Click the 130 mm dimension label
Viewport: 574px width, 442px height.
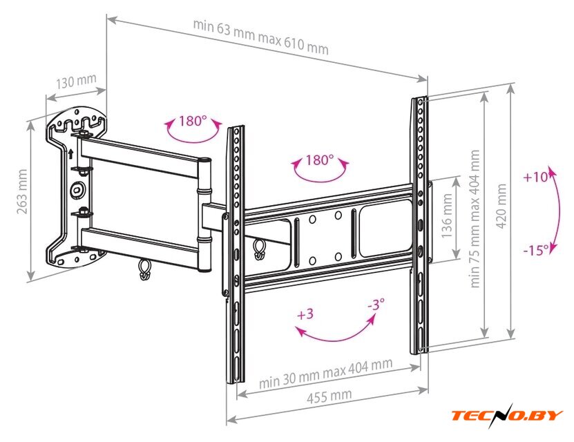point(76,81)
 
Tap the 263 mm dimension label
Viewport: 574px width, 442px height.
point(22,192)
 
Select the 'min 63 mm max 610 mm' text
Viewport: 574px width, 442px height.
point(260,37)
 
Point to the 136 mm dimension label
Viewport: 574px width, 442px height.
point(447,216)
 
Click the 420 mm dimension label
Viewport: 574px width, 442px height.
point(501,206)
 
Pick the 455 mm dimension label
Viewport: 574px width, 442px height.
point(329,396)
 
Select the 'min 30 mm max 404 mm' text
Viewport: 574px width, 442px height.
point(326,373)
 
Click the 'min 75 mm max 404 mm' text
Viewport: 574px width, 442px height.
point(475,219)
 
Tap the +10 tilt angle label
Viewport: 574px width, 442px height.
point(535,177)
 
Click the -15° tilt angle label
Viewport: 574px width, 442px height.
point(536,250)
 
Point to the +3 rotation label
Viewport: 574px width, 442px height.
point(305,314)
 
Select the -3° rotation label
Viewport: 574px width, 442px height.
point(376,304)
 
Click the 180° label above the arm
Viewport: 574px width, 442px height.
point(193,121)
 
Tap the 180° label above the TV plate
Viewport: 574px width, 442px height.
point(320,160)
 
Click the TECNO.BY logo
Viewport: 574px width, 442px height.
point(506,415)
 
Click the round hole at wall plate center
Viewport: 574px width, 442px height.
point(77,189)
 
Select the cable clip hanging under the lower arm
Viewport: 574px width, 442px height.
point(144,269)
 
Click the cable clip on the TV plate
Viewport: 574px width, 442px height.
point(259,249)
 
